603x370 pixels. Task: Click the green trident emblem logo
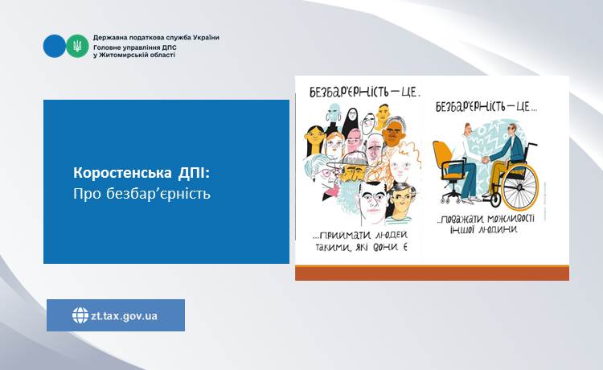pos(77,46)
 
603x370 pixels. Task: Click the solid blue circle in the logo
pos(55,46)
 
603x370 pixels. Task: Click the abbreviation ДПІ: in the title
pos(195,173)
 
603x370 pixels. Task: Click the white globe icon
pos(80,315)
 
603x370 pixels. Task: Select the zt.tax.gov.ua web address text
pos(124,316)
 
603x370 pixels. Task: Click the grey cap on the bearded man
pos(355,158)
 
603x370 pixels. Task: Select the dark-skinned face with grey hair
pos(393,132)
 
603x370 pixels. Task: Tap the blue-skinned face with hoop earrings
pos(333,113)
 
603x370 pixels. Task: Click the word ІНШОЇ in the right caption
pos(462,229)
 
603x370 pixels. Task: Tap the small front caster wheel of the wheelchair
pos(495,199)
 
